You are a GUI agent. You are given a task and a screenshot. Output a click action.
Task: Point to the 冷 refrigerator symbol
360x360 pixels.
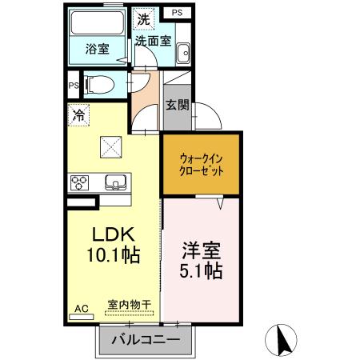tap(78, 115)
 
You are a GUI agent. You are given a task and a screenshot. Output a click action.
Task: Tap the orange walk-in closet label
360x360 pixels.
tap(201, 164)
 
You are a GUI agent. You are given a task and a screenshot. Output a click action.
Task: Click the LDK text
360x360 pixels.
tap(114, 235)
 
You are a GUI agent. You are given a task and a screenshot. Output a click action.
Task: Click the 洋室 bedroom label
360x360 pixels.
tap(201, 250)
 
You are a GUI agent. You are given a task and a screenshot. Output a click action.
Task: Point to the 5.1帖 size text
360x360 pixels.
tap(201, 271)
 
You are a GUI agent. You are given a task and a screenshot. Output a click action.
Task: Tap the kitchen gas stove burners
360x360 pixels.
tap(82, 182)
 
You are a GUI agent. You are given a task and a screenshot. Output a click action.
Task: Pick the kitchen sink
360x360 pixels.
tap(115, 183)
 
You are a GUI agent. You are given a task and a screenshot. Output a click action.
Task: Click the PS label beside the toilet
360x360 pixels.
tap(73, 86)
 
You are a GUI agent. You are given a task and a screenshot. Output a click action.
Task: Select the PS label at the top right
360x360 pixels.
tap(177, 14)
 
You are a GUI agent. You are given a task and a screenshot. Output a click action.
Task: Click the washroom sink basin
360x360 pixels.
tap(183, 52)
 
